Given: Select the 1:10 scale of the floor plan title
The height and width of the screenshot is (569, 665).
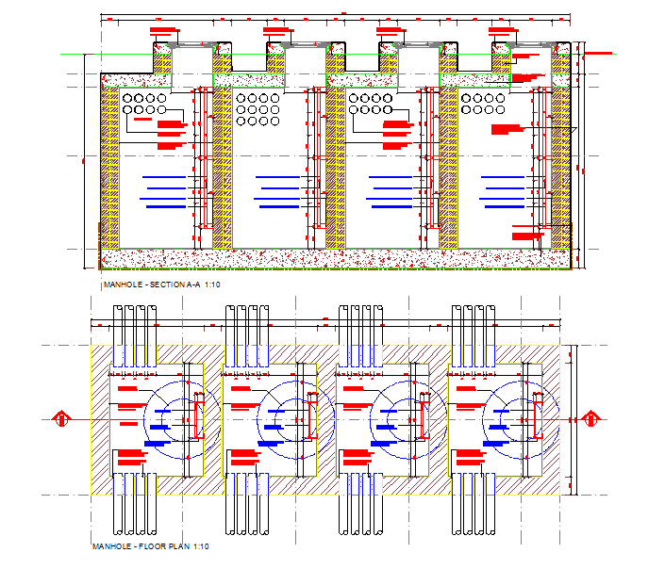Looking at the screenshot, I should click(200, 547).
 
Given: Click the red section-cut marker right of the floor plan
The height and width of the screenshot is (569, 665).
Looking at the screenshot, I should click(592, 417).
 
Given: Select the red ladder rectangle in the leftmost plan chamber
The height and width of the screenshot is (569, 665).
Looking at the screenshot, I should click(198, 417).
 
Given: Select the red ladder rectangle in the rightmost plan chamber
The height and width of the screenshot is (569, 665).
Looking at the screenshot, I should click(538, 417).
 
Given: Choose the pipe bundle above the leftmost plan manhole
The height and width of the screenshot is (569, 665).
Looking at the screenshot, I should click(133, 335).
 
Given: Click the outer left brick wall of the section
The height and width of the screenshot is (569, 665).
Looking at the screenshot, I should click(109, 165).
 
